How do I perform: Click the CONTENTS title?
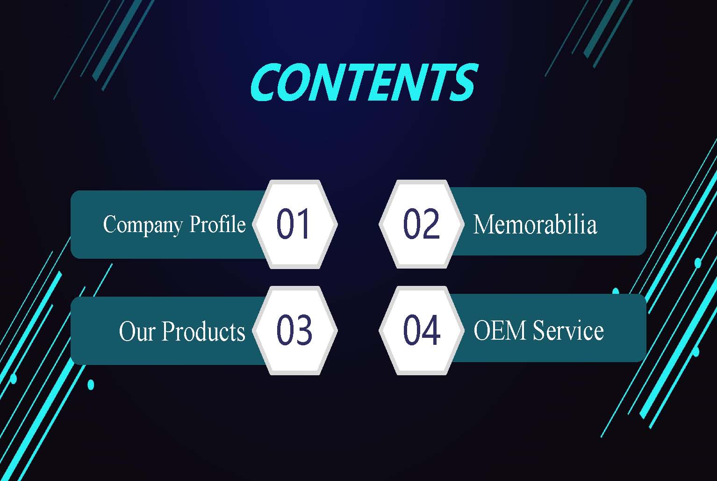coord(364,82)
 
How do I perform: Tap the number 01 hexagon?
coord(295,224)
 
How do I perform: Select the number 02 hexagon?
coord(422,224)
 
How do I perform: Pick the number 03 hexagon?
coord(295,330)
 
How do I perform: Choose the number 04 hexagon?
coord(422,330)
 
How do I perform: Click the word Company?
coord(143,225)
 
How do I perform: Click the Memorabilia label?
coord(535,224)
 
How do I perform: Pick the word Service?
coord(568,330)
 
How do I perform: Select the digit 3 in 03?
coord(303,330)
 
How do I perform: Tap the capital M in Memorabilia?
coord(484,224)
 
